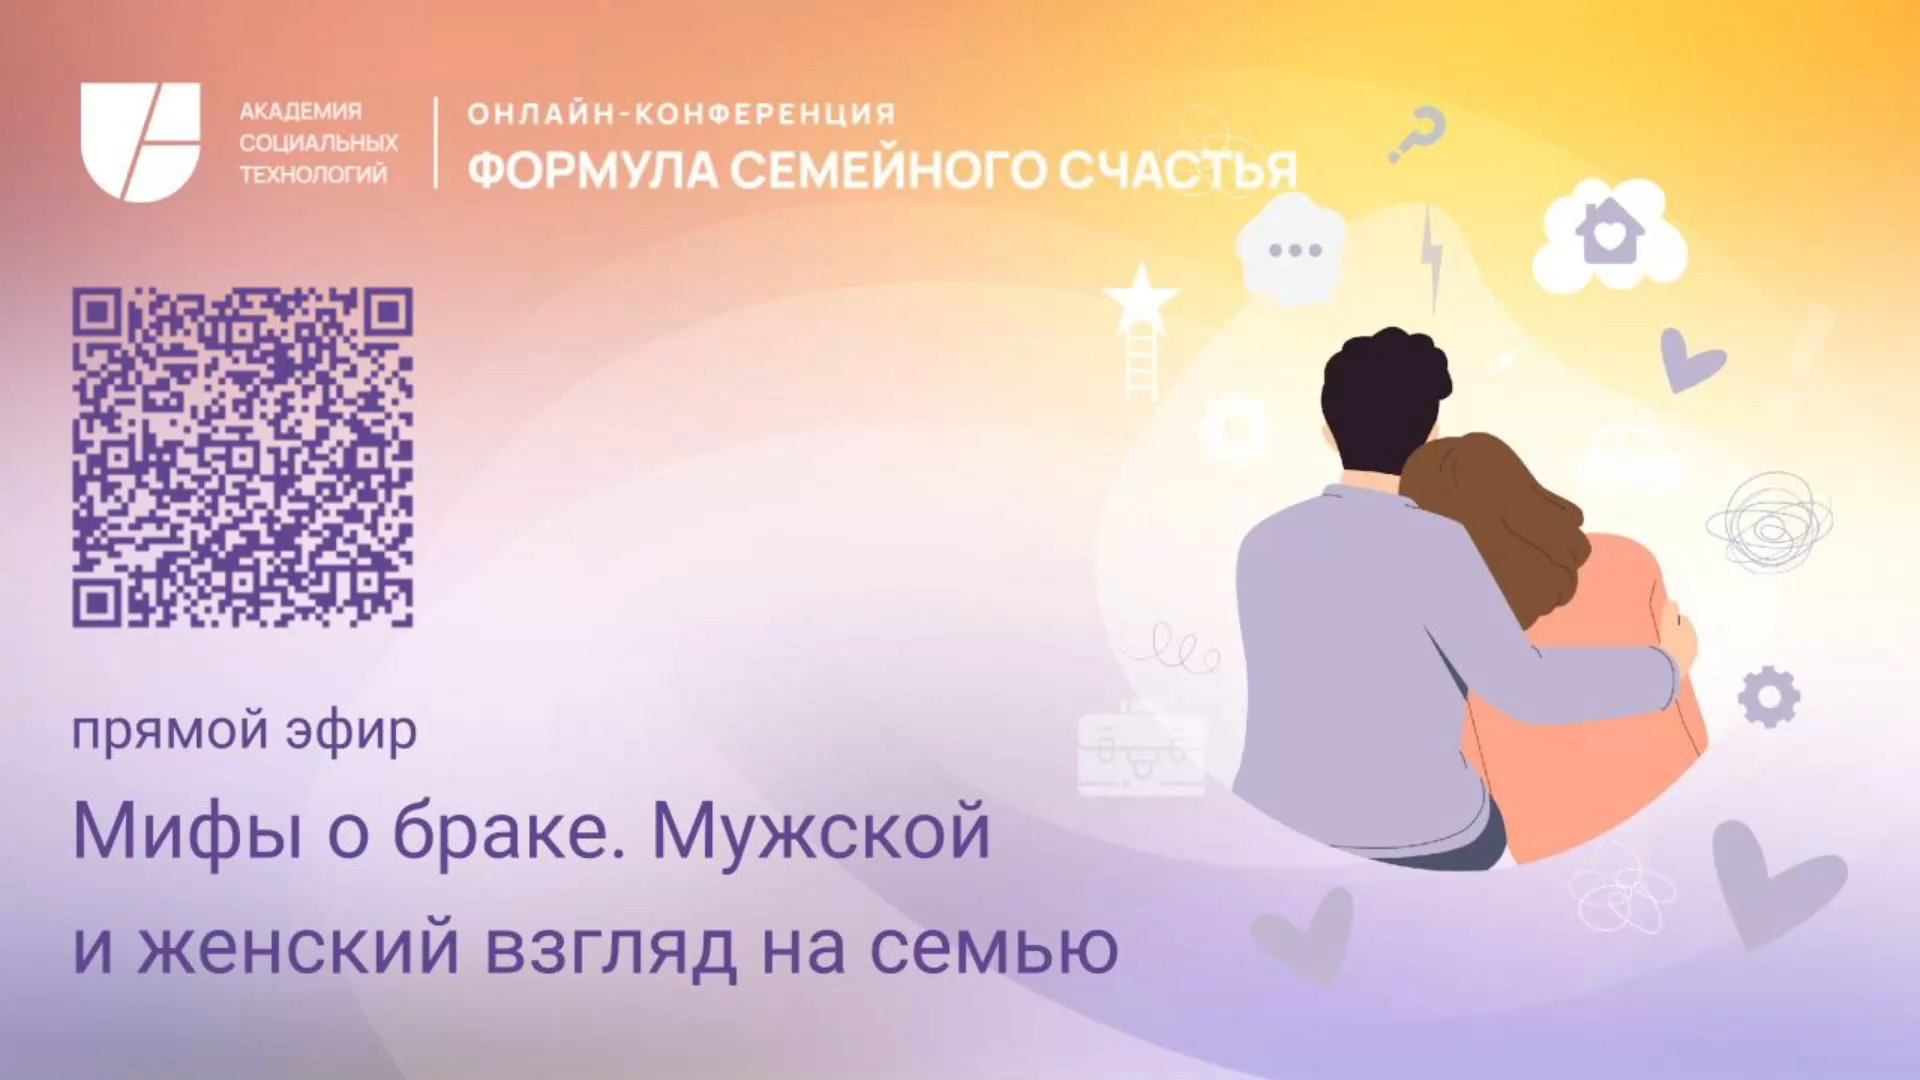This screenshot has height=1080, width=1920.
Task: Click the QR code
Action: (x=242, y=457)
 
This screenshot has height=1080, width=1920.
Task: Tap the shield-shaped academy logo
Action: (x=140, y=142)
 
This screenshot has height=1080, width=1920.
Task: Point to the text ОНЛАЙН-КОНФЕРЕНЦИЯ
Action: (x=681, y=114)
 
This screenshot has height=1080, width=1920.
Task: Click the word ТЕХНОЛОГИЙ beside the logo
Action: (x=313, y=174)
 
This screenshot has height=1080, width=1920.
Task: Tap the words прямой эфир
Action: (x=244, y=731)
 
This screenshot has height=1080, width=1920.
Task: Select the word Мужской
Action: (x=820, y=832)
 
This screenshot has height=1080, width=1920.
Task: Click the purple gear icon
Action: (x=1768, y=696)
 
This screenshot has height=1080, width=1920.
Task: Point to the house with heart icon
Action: (x=1609, y=235)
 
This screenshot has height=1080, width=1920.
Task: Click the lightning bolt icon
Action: (x=1432, y=255)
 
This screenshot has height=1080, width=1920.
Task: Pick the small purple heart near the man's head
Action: (x=1690, y=358)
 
